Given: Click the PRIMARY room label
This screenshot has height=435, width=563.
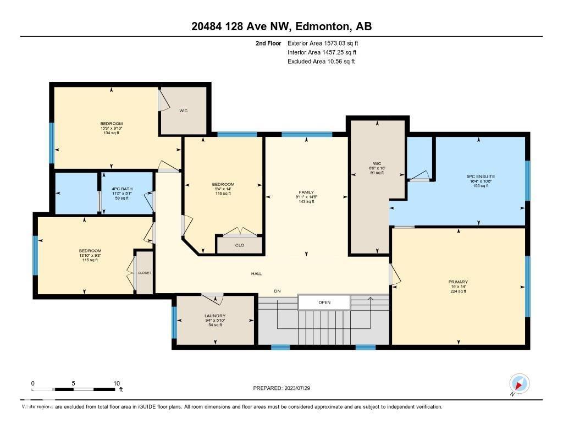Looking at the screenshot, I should click(457, 282).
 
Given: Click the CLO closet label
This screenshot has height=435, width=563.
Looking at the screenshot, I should click(239, 245).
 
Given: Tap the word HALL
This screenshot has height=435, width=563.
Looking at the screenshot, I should click(256, 273).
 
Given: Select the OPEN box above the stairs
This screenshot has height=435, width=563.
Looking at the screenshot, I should click(324, 302).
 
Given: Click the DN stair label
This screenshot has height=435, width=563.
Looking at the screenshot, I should click(277, 291).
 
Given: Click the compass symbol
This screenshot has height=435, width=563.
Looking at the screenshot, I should click(519, 383).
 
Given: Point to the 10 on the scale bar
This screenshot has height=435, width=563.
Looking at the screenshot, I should click(117, 383).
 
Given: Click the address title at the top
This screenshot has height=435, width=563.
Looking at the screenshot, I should click(281, 27).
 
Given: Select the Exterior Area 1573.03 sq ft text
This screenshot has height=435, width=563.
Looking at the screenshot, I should click(323, 43).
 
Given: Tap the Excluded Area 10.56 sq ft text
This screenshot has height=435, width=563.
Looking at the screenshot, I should click(321, 62).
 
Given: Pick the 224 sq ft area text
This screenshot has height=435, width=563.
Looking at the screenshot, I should click(457, 291).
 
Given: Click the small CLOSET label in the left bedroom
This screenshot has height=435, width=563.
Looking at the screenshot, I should click(145, 273).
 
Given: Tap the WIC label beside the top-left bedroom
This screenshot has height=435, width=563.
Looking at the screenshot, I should click(183, 111).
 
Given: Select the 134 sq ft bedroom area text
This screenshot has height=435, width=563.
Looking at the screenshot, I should click(111, 133).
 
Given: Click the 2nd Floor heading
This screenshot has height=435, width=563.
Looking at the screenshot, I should click(268, 43).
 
